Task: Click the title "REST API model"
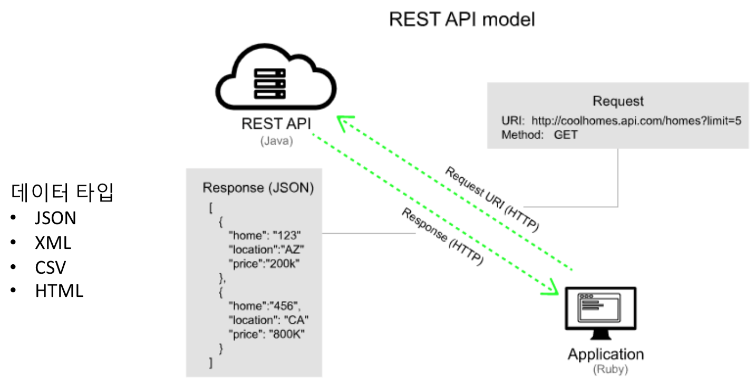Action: pyautogui.click(x=462, y=20)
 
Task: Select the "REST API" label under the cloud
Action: pyautogui.click(x=276, y=124)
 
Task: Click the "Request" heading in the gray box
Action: pyautogui.click(x=618, y=101)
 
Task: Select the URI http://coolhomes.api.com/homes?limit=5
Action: pyautogui.click(x=636, y=121)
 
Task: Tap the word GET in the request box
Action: pyautogui.click(x=565, y=134)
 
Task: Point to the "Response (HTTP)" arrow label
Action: pyautogui.click(x=442, y=237)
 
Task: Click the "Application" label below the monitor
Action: pyautogui.click(x=605, y=354)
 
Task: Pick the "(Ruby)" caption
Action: pyautogui.click(x=610, y=369)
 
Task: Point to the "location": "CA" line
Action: pyautogui.click(x=268, y=320)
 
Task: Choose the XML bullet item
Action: pyautogui.click(x=53, y=243)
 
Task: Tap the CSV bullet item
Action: pyautogui.click(x=51, y=267)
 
